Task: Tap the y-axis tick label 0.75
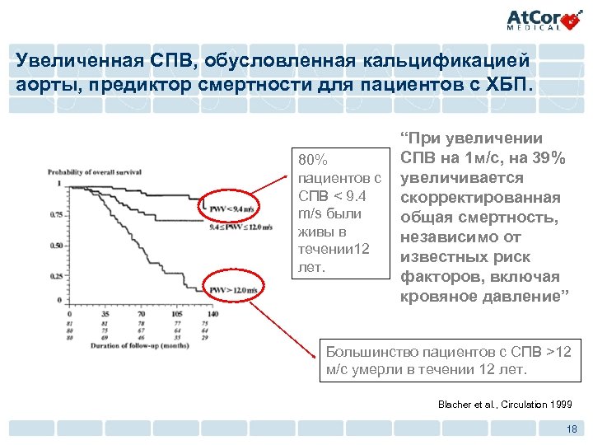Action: [x=56, y=214]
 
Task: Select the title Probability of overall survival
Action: [x=95, y=172]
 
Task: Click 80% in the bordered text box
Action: [x=314, y=159]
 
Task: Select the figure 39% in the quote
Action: [x=546, y=158]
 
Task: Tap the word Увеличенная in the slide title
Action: [x=67, y=60]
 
